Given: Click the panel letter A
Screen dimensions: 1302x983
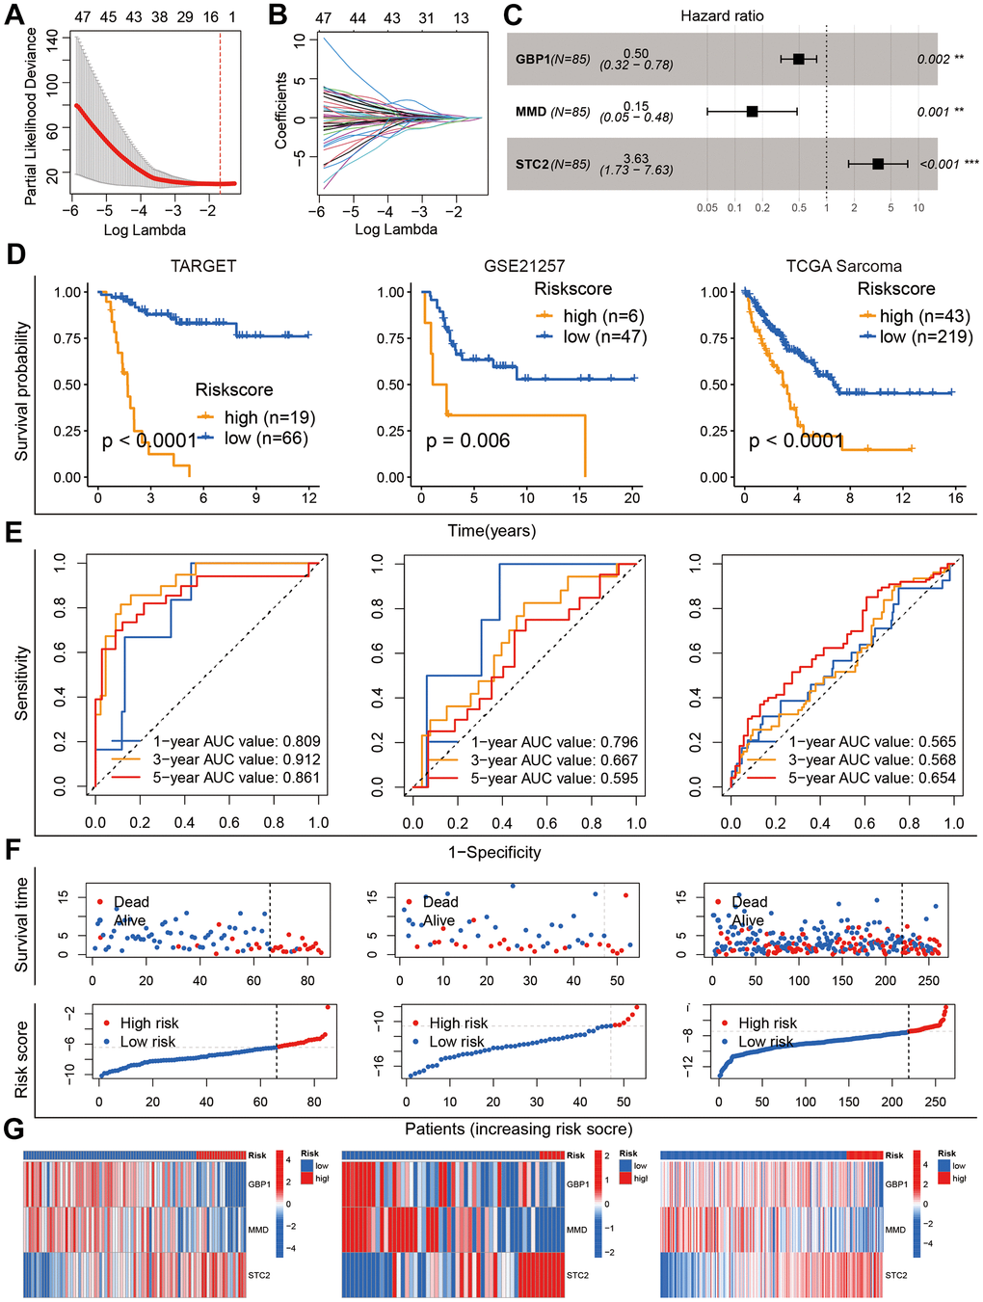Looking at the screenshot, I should [15, 15].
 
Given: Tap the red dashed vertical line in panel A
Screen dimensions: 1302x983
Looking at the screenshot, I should [220, 106].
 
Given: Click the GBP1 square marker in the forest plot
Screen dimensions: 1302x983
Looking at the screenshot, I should [798, 59].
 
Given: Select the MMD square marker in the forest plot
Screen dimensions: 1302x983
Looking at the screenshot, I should [753, 112].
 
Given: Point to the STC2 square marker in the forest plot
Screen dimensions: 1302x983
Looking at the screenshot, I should [878, 164].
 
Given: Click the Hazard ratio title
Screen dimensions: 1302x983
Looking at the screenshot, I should [722, 15].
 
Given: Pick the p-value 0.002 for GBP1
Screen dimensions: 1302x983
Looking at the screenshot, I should [933, 60].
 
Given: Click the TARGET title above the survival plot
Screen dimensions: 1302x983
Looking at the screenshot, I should [203, 266].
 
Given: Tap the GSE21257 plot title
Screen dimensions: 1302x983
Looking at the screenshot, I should [524, 266].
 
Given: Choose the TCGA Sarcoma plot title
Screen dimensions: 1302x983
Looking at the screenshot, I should [844, 266].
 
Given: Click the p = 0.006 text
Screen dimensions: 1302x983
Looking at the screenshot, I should [468, 440].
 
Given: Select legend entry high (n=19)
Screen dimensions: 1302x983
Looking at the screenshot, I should [269, 417].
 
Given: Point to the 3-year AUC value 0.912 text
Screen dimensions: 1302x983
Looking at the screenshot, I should [236, 759].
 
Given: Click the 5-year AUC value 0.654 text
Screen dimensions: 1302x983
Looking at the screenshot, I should [872, 778].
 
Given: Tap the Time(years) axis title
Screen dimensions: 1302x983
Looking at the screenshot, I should [491, 531].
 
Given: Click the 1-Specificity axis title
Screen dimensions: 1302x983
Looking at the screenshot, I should [494, 852].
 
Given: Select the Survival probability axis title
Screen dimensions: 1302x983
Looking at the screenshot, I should [22, 390].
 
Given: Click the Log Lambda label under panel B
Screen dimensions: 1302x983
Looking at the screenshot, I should [396, 229].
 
